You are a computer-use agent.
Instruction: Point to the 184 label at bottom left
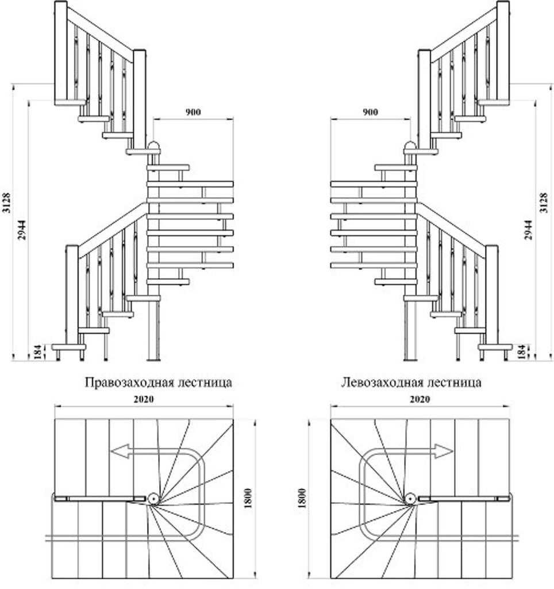[39, 352]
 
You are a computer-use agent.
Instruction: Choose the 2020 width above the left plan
[144, 399]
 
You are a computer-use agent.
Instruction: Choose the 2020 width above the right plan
[420, 399]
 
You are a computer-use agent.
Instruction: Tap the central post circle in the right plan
[410, 499]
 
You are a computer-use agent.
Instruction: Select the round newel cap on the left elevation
[154, 145]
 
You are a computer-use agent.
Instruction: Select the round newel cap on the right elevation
[410, 145]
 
